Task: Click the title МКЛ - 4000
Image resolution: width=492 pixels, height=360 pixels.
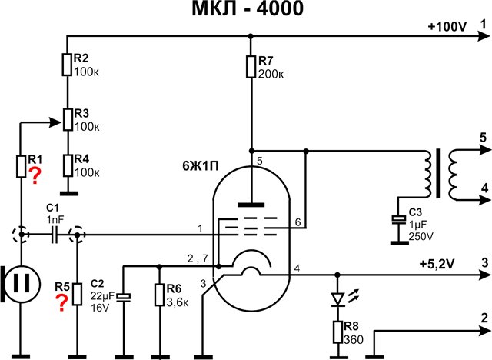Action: click(245, 11)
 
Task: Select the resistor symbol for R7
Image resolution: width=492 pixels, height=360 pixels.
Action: click(251, 66)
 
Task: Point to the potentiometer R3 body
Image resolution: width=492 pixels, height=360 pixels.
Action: click(68, 119)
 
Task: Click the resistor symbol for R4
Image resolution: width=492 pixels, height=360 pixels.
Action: click(68, 163)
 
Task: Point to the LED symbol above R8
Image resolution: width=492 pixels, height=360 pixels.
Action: click(337, 298)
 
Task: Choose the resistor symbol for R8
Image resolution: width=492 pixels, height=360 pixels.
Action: click(337, 332)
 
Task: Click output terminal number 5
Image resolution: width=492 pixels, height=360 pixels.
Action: click(482, 137)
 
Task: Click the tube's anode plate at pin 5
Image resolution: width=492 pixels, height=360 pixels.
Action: click(251, 205)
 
